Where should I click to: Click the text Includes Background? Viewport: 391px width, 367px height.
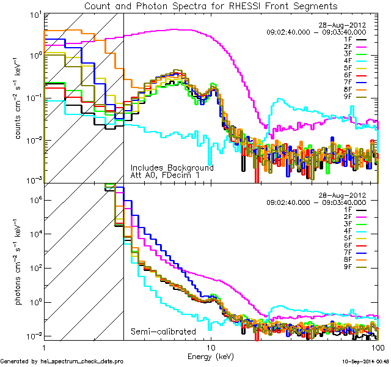[x=172, y=168]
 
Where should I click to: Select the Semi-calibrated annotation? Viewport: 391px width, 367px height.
[x=163, y=332]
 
